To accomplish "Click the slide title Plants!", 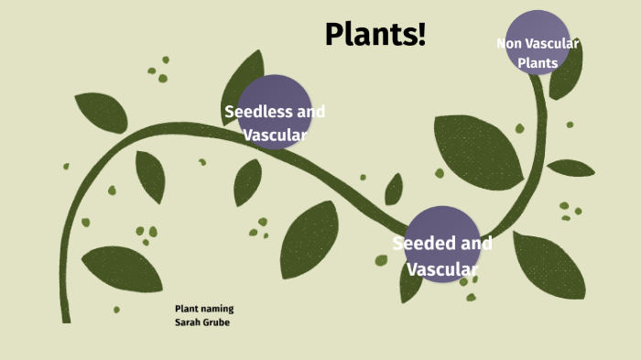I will point(375,35).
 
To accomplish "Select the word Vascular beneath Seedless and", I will point(275,135).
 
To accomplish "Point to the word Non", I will point(511,43).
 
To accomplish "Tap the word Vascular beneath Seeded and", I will point(442,269).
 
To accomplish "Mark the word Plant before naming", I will point(187,310).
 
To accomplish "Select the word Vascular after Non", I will point(557,43).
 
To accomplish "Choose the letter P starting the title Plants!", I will point(334,35).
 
